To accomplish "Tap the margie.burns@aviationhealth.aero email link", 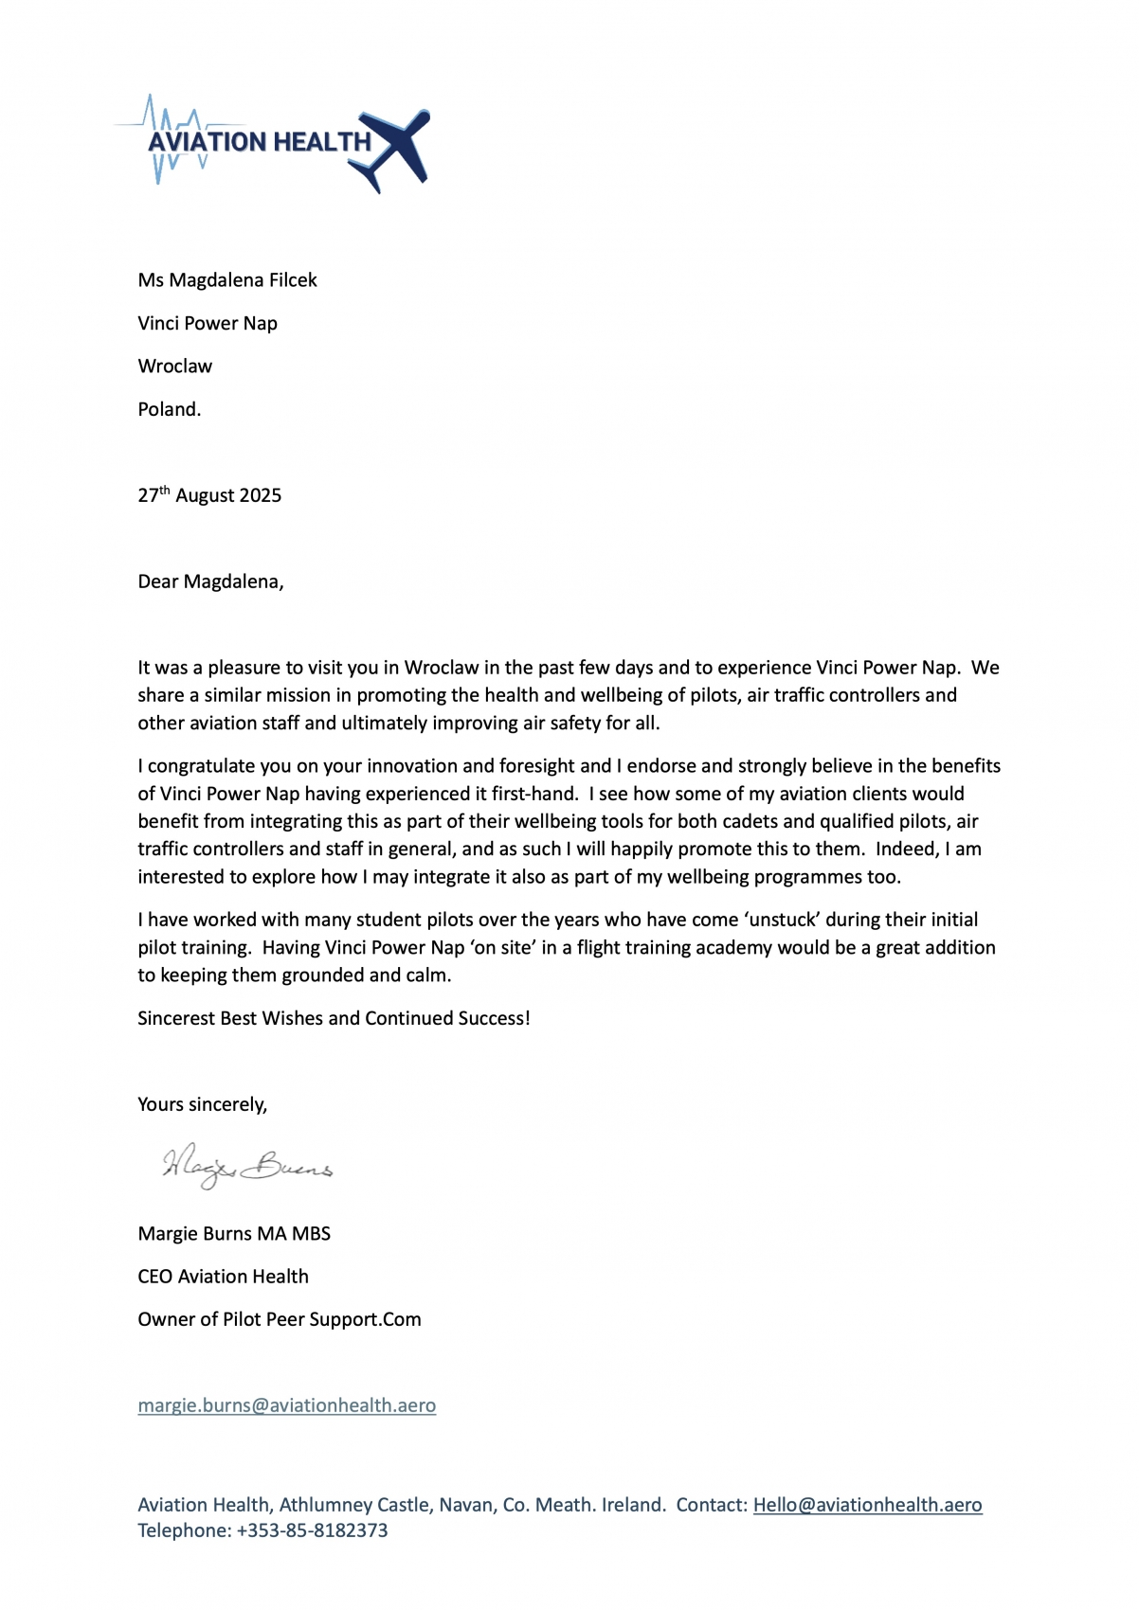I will coord(286,1405).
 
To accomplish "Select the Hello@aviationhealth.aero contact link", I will coord(867,1505).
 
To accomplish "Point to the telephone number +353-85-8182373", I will coord(312,1530).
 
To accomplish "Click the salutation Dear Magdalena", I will coord(210,581).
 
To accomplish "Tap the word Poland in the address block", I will coord(169,410).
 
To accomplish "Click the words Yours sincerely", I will coord(202,1104).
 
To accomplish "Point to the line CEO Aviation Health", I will coord(223,1277).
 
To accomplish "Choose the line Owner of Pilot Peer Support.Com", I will coord(279,1319).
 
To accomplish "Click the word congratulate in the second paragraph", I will coord(202,766).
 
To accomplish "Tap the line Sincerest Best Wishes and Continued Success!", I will coord(334,1018).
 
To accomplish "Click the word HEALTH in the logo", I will coord(322,142).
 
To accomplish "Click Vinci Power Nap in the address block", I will coord(208,324).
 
